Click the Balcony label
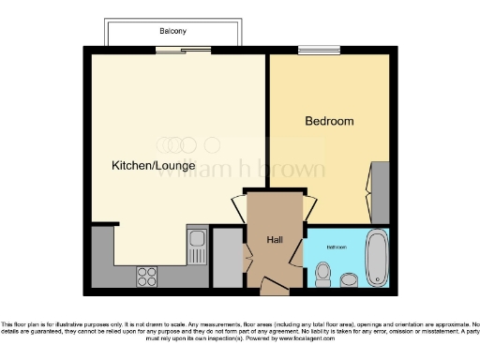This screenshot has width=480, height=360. pos(172,31)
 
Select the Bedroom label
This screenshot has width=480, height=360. pos(329,121)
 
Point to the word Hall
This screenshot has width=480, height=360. pos(275,241)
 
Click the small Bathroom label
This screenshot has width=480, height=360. pos(336,247)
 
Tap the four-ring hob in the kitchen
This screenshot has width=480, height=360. pos(147,276)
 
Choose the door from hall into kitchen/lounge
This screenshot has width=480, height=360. pos(238,208)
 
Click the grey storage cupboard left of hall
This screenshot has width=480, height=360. pos(227,258)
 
